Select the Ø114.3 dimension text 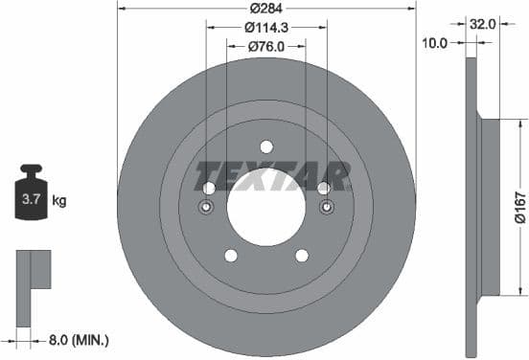point(266,28)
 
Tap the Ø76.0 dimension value point(266,46)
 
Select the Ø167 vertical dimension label point(518,206)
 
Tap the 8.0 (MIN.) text point(78,339)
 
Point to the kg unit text point(59,201)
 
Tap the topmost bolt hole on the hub point(265,146)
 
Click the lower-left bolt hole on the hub point(230,255)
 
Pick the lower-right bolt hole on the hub point(302,255)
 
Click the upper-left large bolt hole point(209,188)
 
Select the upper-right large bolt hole point(323,188)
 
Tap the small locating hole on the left point(206,208)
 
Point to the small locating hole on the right point(326,208)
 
